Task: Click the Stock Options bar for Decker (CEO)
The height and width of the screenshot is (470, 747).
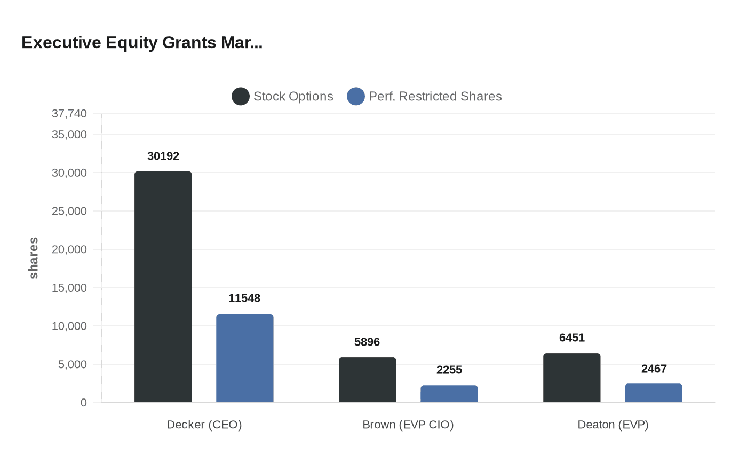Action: [163, 287]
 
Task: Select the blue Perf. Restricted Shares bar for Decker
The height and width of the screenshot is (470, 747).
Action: [244, 358]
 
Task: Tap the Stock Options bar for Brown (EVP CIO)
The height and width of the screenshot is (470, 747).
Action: [367, 380]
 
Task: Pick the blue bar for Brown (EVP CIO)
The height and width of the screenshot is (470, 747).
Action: [449, 394]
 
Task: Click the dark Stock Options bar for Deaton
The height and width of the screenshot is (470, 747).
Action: [571, 378]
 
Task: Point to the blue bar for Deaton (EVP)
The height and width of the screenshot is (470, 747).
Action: [653, 393]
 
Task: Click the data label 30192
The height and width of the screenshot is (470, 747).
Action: [163, 156]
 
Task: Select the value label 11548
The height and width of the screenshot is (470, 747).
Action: [244, 298]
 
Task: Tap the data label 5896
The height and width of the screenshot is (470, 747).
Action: [367, 342]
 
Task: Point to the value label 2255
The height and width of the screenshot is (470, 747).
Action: [449, 370]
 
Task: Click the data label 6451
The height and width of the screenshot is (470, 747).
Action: [571, 338]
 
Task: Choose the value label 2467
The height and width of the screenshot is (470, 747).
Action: [654, 369]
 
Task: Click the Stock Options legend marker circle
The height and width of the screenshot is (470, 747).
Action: [241, 96]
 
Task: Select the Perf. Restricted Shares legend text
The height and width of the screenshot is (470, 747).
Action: [435, 96]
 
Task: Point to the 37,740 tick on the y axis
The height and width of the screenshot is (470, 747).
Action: [69, 113]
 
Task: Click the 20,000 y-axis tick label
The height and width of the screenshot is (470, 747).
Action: [69, 249]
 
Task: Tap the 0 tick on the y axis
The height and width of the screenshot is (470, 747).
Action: [83, 403]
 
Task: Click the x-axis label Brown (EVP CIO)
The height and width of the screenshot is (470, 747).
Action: [408, 425]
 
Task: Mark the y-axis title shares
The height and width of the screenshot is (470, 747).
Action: [34, 258]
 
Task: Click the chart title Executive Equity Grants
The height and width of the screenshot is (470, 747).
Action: [142, 42]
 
